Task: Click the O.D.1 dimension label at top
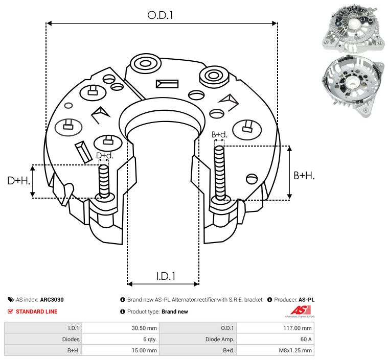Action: click(161, 15)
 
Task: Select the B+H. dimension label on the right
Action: click(304, 176)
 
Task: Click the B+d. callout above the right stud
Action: click(219, 135)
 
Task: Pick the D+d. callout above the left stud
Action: click(104, 155)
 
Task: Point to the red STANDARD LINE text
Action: click(36, 311)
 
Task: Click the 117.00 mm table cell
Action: click(275, 328)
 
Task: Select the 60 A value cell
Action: click(275, 339)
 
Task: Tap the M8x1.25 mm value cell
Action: click(275, 350)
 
